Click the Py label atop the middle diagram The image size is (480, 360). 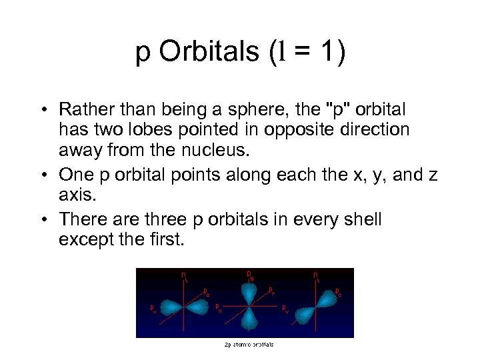click(x=249, y=274)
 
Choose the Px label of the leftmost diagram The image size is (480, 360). click(x=154, y=307)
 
